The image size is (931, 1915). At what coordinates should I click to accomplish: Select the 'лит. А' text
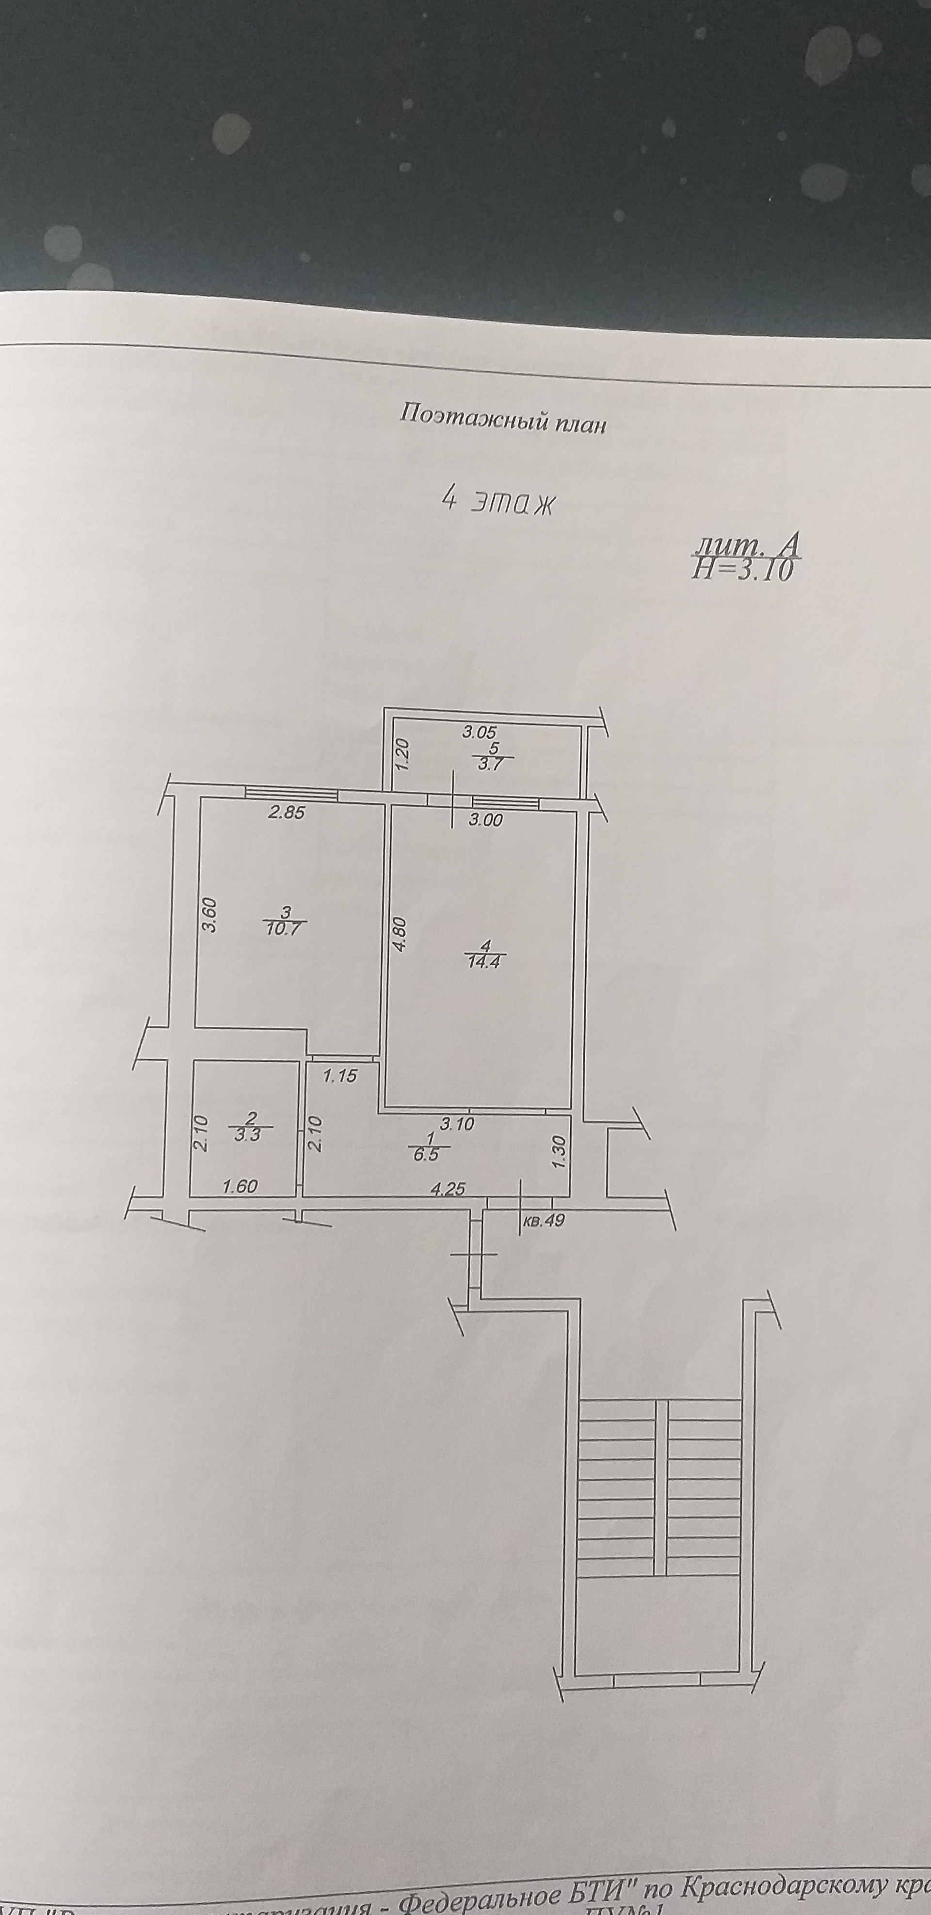click(x=746, y=548)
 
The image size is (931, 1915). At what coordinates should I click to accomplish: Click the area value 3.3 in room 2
click(x=250, y=1135)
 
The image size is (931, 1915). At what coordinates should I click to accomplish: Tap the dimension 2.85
click(x=286, y=813)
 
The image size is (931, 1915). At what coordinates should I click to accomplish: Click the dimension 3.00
click(x=484, y=820)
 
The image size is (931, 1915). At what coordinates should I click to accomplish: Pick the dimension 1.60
click(x=240, y=1186)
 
